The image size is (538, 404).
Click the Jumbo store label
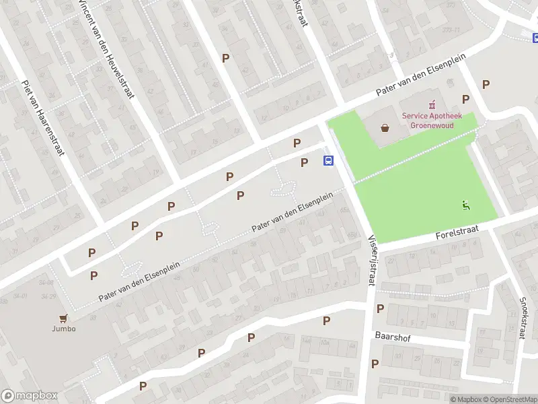pos(65,329)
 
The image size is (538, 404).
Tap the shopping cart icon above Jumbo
pos(65,318)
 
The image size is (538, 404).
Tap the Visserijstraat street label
pos(371,259)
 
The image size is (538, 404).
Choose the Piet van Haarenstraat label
pos(43,118)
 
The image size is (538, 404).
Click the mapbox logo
pos(30,396)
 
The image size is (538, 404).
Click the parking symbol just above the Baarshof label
pos(380,308)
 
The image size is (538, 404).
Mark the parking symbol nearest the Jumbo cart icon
pos(93,275)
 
